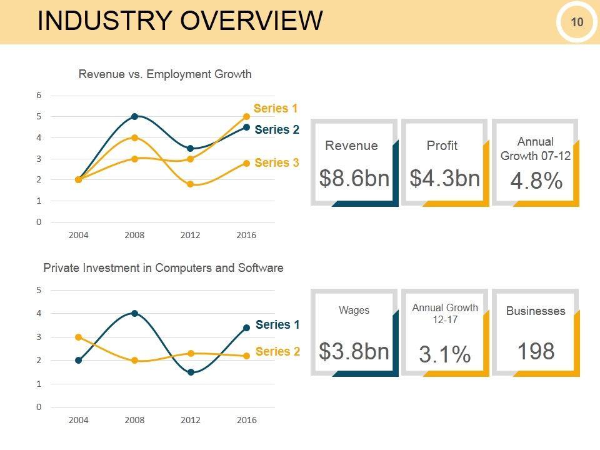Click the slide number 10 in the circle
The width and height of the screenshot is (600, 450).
[x=576, y=22]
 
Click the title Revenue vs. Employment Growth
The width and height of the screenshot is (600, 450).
[x=165, y=74]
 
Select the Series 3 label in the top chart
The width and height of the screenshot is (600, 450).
[x=277, y=163]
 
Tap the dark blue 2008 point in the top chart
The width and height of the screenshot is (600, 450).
[x=134, y=116]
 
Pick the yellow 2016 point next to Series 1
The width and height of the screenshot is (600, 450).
[x=246, y=116]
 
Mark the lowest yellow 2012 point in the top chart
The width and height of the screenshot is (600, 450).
[x=190, y=184]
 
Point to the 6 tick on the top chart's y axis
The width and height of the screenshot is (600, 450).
[x=39, y=96]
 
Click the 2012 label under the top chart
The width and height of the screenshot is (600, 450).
[x=190, y=236]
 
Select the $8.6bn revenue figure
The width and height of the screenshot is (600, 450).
[x=354, y=178]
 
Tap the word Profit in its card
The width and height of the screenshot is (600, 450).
[x=442, y=146]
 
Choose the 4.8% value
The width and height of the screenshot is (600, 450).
[x=536, y=181]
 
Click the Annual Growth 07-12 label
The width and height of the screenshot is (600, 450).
[x=536, y=149]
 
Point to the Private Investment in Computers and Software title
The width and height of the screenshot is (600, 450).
[x=163, y=268]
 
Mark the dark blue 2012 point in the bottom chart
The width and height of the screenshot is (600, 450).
[x=191, y=372]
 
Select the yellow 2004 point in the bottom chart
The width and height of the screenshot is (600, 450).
[x=78, y=337]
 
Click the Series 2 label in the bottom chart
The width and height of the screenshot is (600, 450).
[x=277, y=351]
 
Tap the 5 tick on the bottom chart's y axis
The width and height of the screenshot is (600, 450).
[x=39, y=290]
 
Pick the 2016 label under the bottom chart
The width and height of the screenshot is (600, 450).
[x=246, y=420]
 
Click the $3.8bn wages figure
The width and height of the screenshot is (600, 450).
[x=354, y=351]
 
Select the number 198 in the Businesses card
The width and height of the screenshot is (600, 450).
[x=536, y=351]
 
